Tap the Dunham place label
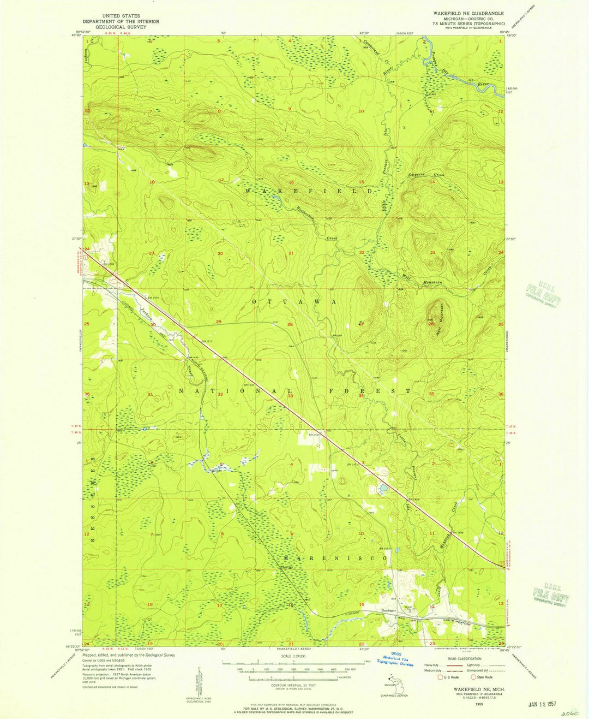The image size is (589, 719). tap(388, 610)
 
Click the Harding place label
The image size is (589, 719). tap(287, 568)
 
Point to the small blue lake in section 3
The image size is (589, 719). tap(384, 486)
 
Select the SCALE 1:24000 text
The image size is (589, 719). tap(293, 656)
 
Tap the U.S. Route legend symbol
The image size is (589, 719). tap(440, 677)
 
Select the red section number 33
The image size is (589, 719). tap(291, 396)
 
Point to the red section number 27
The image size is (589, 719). tap(361, 324)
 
